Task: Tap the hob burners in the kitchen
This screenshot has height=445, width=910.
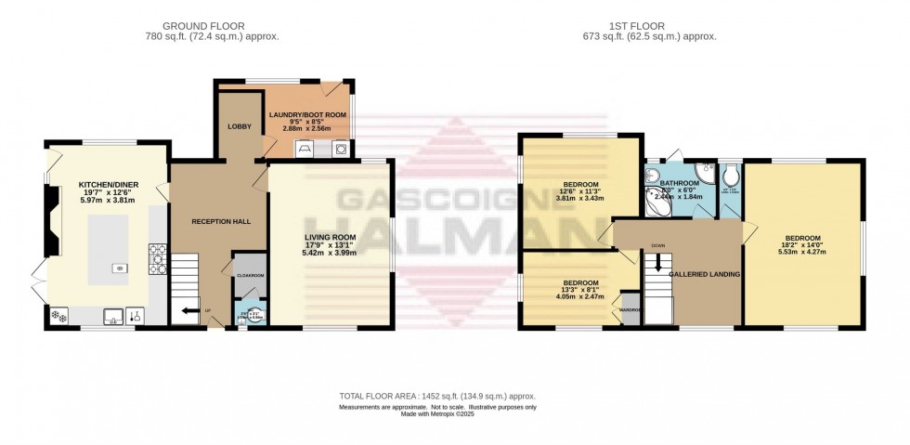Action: tap(156, 260)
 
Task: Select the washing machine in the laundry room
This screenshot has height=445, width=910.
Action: tap(341, 148)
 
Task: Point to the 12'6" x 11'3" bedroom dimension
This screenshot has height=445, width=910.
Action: tap(580, 191)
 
